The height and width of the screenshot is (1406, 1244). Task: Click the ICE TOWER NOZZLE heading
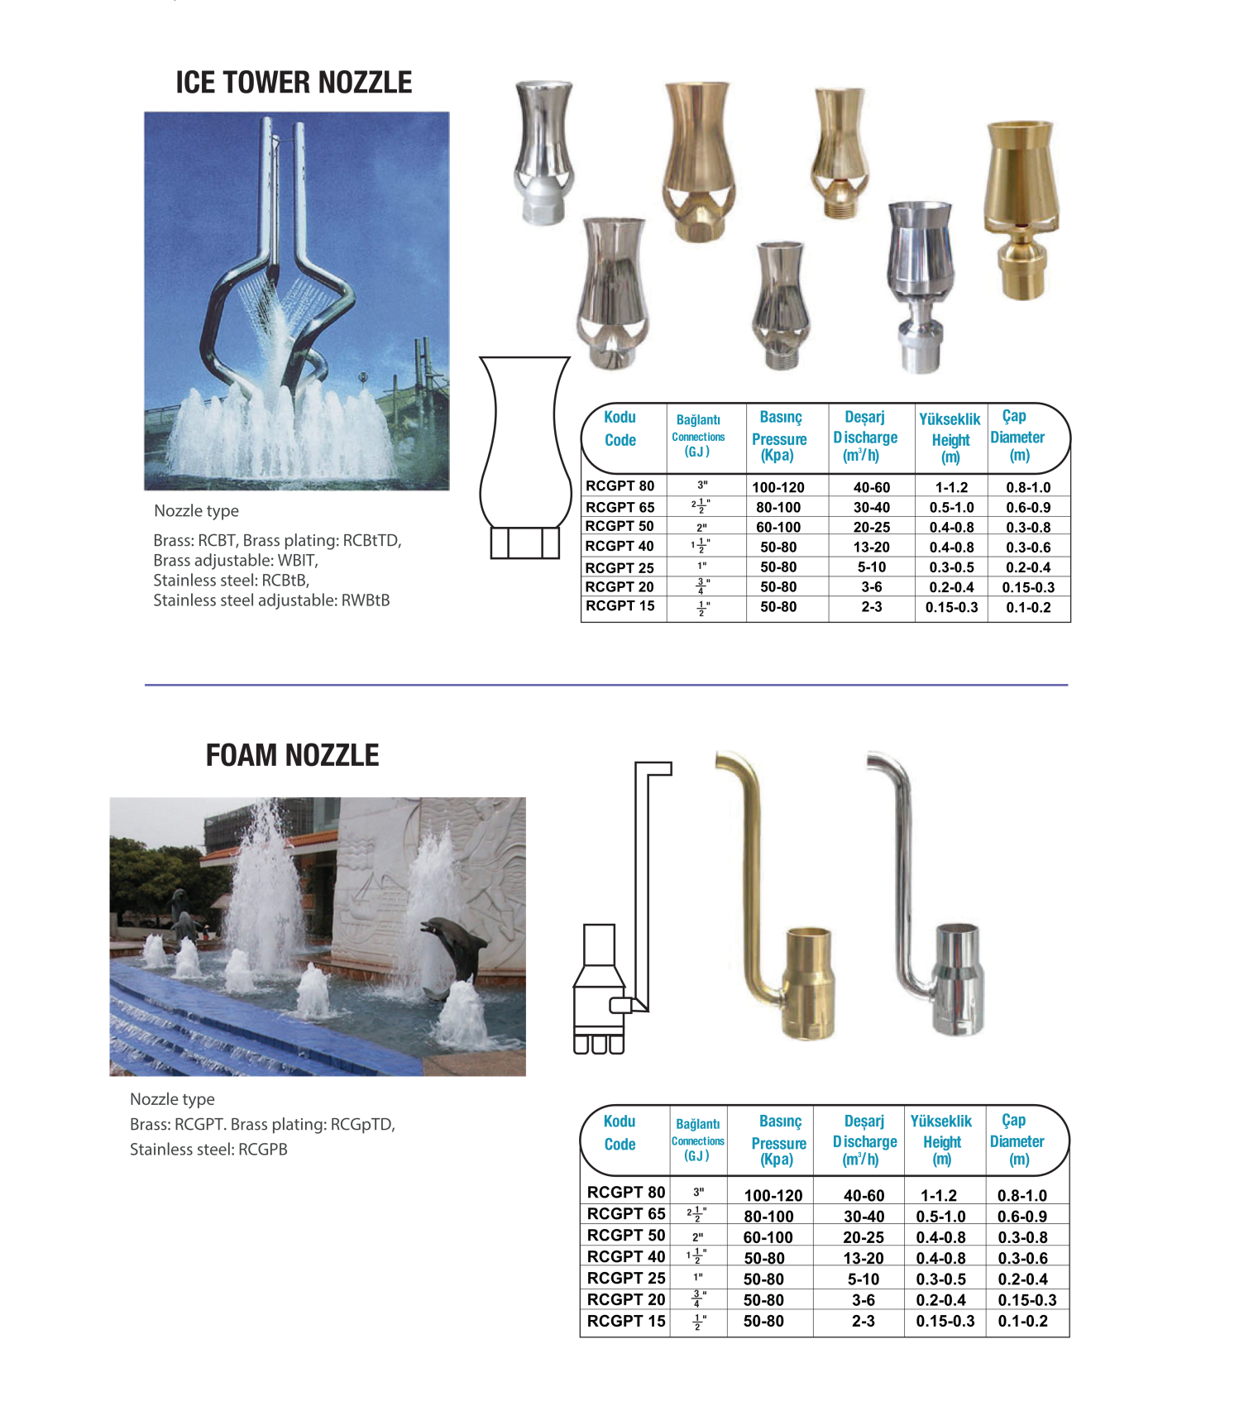click(294, 83)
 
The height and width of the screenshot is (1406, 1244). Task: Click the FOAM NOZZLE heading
click(292, 755)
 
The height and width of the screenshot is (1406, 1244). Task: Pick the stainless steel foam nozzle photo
click(935, 901)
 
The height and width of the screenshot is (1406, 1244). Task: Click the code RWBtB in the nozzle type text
click(365, 600)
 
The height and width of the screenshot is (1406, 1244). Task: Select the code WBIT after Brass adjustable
click(295, 561)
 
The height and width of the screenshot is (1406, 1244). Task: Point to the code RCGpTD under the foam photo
click(361, 1125)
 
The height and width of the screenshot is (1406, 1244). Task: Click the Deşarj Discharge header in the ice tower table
click(865, 436)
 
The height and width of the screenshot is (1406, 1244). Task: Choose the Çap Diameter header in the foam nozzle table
click(1017, 1140)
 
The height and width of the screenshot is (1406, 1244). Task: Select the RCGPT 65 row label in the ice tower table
click(620, 507)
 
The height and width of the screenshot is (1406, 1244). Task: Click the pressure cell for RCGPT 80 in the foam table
click(773, 1196)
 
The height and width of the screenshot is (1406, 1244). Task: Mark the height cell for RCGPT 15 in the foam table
click(945, 1322)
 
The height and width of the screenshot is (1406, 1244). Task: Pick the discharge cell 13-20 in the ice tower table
click(871, 547)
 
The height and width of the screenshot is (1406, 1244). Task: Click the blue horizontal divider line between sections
click(605, 685)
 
